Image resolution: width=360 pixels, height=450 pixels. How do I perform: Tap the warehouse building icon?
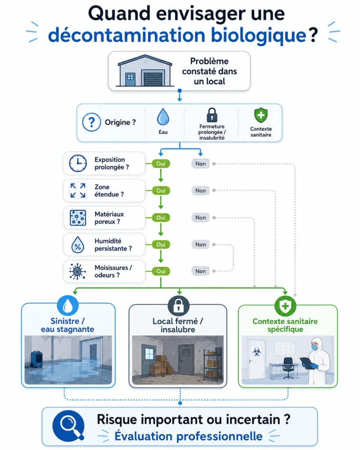coord(145,71)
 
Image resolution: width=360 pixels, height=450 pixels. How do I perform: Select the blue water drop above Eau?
coord(163,117)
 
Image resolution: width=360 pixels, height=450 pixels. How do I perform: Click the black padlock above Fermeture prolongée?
coord(212,115)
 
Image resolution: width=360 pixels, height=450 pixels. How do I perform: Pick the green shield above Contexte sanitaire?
coord(261,116)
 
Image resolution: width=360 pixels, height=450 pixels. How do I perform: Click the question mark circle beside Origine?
coord(91,122)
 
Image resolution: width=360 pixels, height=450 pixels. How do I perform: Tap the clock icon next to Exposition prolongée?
coord(78,163)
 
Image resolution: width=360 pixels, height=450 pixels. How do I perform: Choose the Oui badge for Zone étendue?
coord(161,191)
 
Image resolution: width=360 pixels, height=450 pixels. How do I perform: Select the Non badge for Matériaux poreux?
coord(200,218)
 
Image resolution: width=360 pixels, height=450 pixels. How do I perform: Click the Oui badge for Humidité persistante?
coord(161,244)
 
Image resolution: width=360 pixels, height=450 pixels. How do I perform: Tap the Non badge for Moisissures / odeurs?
coord(200,271)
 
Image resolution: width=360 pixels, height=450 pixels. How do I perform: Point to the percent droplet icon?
coord(78,245)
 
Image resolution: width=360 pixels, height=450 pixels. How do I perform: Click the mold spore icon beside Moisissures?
coord(77,271)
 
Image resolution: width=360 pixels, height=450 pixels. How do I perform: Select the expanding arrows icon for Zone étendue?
coord(78,191)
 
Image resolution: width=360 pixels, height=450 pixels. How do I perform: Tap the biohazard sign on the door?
coord(256,352)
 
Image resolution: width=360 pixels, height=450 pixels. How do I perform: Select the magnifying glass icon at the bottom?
coord(68,426)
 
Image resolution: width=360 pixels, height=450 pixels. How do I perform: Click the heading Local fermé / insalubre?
coord(178,325)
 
